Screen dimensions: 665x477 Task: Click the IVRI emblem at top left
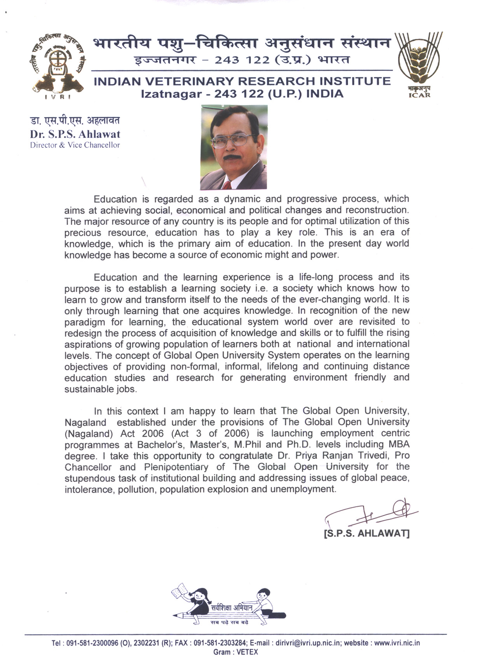(x=57, y=66)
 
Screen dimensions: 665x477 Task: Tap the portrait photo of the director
(x=234, y=147)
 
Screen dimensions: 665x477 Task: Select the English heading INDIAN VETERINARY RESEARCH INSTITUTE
(x=242, y=81)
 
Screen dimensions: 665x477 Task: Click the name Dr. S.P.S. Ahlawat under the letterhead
(x=75, y=134)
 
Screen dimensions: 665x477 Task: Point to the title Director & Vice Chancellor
(x=75, y=146)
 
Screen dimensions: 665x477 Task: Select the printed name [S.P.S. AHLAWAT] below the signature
(x=367, y=533)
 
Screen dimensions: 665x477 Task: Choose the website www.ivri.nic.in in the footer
(x=397, y=643)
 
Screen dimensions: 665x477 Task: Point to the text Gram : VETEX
(x=236, y=652)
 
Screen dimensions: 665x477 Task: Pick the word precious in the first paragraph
(x=82, y=233)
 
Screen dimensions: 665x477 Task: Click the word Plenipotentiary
(x=176, y=467)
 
